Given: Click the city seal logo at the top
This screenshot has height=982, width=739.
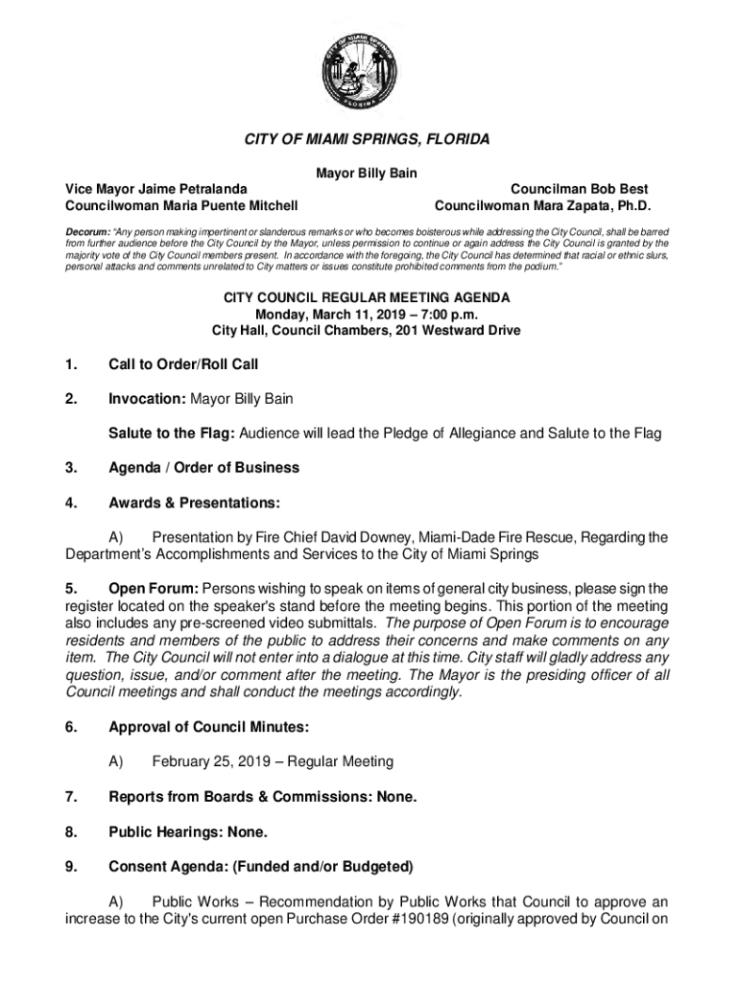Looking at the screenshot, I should pyautogui.click(x=369, y=72).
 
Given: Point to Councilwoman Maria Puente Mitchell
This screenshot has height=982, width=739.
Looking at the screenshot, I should pyautogui.click(x=180, y=205).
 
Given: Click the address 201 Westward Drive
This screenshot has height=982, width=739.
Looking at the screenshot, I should pyautogui.click(x=456, y=331).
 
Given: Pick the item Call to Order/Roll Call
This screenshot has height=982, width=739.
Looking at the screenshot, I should pyautogui.click(x=183, y=364).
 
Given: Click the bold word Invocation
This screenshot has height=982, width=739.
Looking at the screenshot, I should pyautogui.click(x=147, y=398).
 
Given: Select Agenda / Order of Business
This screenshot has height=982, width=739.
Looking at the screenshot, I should pyautogui.click(x=203, y=468).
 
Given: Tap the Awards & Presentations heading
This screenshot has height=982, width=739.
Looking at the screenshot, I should pyautogui.click(x=194, y=503).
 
